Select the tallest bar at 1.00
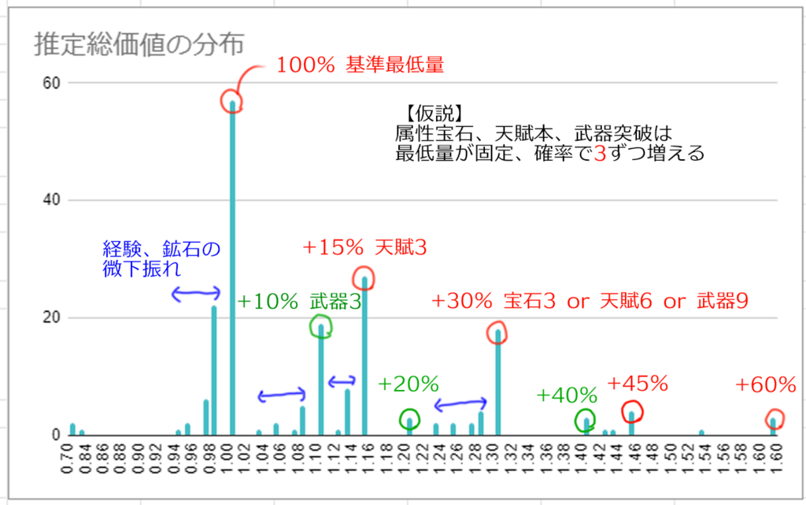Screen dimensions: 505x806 [x=232, y=268]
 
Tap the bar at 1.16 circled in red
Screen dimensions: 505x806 [x=364, y=355]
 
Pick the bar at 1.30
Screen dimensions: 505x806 [x=497, y=382]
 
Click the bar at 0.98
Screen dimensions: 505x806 [x=214, y=370]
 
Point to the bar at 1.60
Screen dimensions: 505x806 [x=774, y=426]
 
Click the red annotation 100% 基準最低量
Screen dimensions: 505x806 [x=360, y=66]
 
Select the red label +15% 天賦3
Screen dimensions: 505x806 [x=364, y=248]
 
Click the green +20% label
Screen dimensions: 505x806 [x=408, y=384]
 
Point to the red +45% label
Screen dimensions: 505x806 [x=638, y=384]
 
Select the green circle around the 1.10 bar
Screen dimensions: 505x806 [x=321, y=326]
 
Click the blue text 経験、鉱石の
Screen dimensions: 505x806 [x=161, y=250]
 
